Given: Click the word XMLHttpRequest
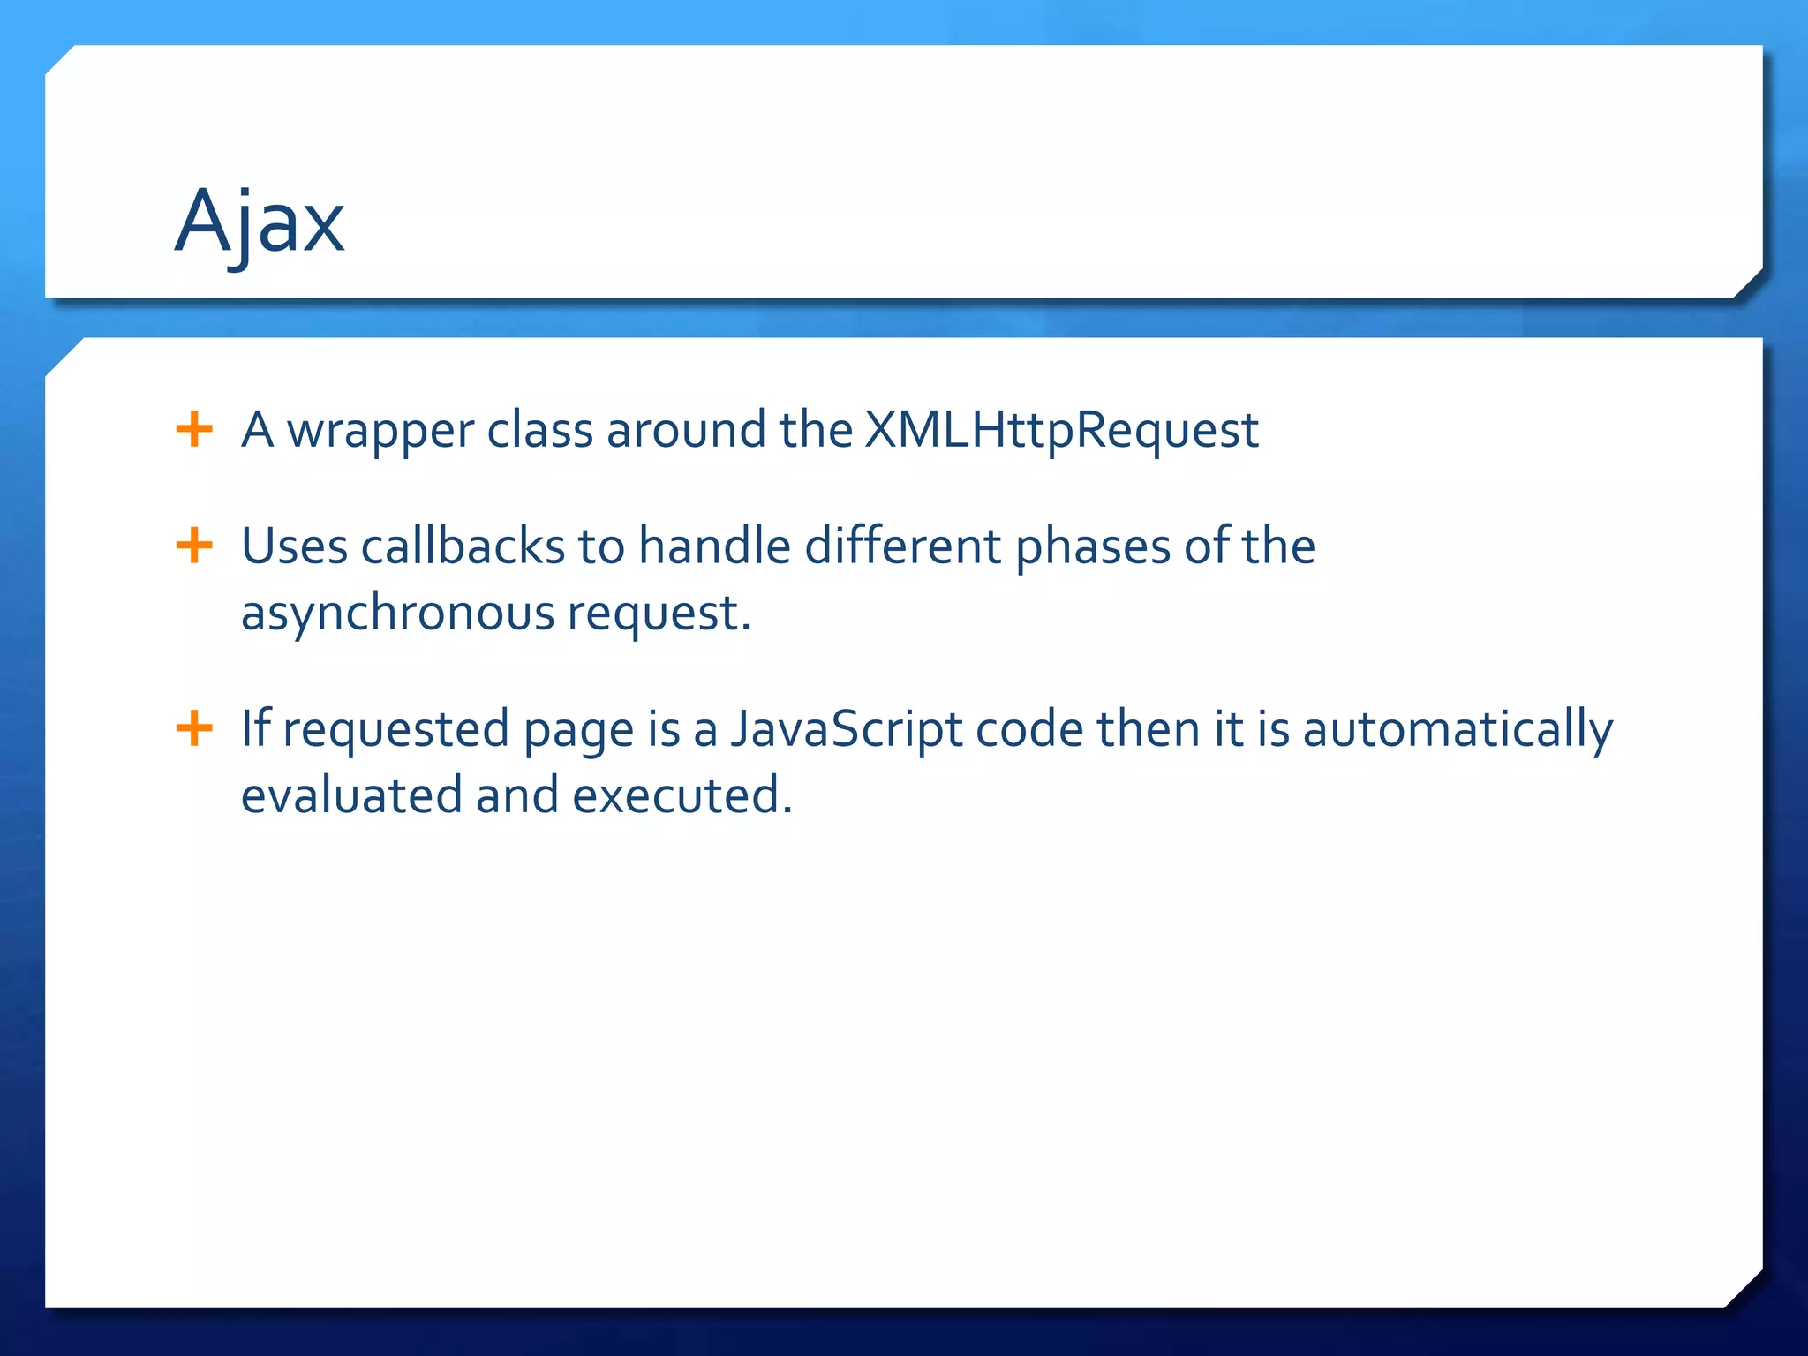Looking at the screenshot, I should (x=1060, y=431).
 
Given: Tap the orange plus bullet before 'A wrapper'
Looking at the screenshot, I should (x=194, y=430).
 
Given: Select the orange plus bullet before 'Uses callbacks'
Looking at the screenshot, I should (x=194, y=546).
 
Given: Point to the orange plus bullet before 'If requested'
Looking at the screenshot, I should (x=194, y=729).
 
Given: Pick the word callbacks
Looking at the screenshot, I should (x=463, y=546).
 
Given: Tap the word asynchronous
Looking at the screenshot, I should (x=396, y=614).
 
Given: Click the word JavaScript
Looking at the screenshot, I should (x=846, y=731).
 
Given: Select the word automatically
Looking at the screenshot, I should (x=1458, y=731).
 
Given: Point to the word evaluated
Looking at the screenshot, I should (x=351, y=795).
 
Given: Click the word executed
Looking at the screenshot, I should (x=682, y=795).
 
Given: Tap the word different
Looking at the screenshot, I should (x=902, y=546).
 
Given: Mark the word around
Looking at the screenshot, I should (x=686, y=431).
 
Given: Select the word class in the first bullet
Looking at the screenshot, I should (x=539, y=431).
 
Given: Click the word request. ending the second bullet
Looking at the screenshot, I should (x=659, y=614).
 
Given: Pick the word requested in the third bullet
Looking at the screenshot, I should (x=395, y=731).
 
